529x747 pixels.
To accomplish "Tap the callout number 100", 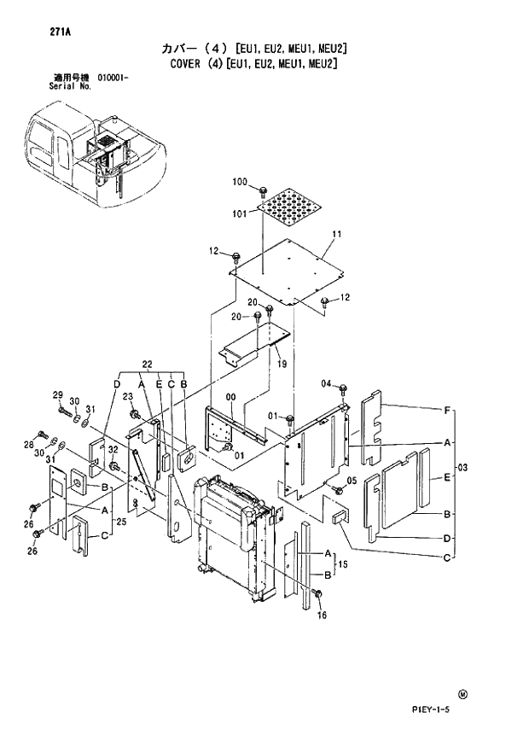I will [x=240, y=182].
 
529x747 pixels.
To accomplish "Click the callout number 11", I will [x=336, y=233].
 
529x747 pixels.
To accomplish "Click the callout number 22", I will [x=147, y=365].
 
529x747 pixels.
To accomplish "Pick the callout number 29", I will [x=58, y=394].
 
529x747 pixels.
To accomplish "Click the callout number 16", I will [x=322, y=614].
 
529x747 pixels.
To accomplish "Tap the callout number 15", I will [x=343, y=564].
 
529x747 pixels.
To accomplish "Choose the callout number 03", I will [x=462, y=467].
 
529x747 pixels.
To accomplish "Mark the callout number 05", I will [x=352, y=481].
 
